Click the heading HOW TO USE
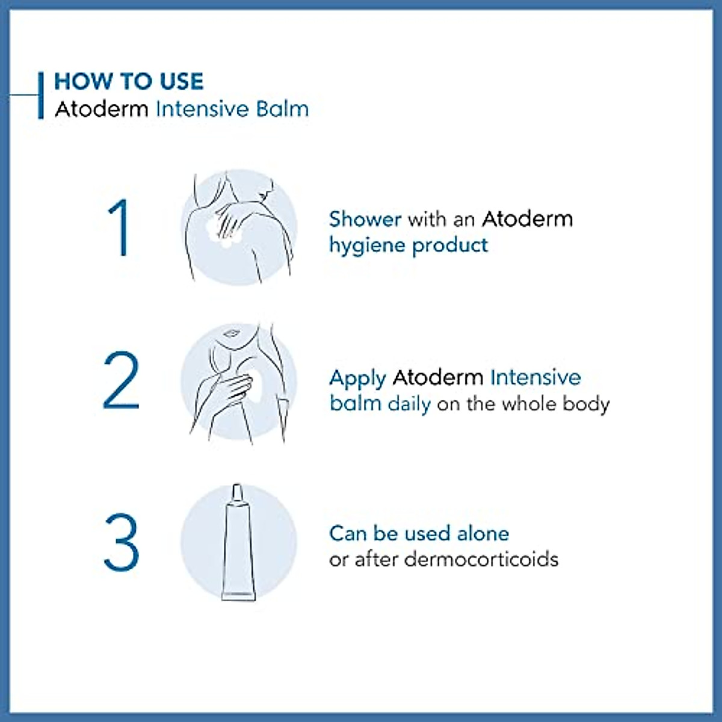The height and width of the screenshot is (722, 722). (x=129, y=81)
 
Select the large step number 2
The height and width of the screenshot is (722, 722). (x=121, y=381)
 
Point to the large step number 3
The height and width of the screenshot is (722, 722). (x=121, y=543)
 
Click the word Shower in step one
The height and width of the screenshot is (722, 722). (x=365, y=218)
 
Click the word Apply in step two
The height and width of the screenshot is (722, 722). (x=357, y=378)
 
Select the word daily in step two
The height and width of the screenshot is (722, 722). (x=409, y=404)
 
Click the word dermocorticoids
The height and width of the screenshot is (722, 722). (x=481, y=559)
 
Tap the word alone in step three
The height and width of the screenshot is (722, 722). (x=483, y=533)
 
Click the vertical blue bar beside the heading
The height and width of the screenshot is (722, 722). (x=40, y=95)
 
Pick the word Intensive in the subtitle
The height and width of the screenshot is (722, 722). (x=202, y=109)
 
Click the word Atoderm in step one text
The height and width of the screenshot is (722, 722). (x=527, y=218)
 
